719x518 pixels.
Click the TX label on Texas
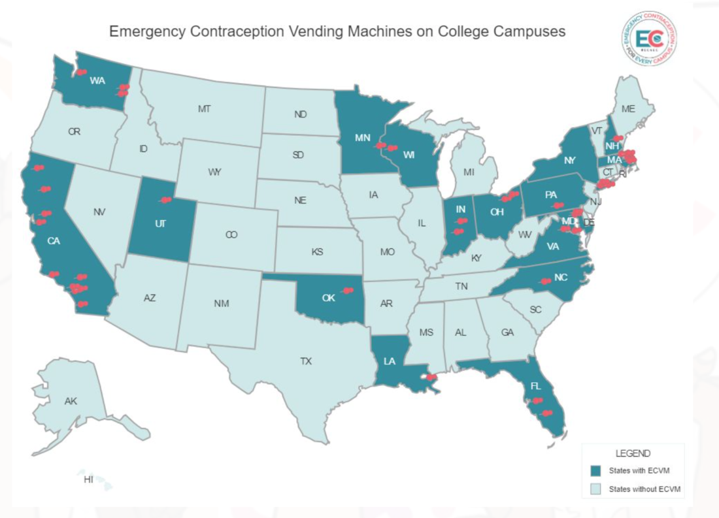click(x=306, y=361)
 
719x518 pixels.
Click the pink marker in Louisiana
click(x=431, y=378)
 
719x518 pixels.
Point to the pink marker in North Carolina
click(x=544, y=281)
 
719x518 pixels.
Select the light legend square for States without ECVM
click(x=595, y=489)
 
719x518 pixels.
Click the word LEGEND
click(x=632, y=453)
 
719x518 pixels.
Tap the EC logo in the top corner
click(x=650, y=39)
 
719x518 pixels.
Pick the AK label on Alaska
click(x=71, y=401)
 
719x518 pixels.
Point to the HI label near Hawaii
click(x=88, y=480)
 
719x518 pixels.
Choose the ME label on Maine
click(x=628, y=109)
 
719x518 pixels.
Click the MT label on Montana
click(x=204, y=109)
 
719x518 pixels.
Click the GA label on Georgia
click(x=507, y=332)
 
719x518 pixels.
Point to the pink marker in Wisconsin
click(x=392, y=148)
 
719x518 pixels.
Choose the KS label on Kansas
click(x=318, y=251)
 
